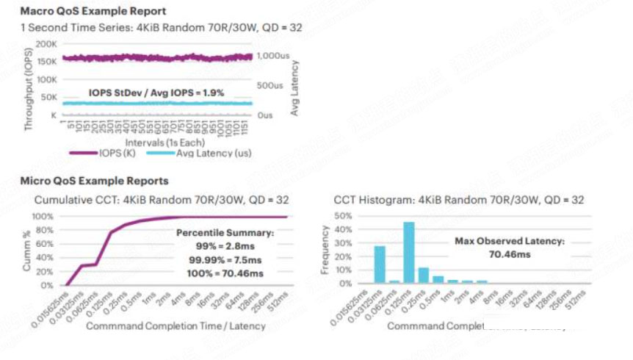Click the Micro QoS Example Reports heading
pos(95,181)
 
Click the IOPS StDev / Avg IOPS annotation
pos(156,93)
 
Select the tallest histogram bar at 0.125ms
pos(409,252)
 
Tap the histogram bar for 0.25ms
pos(424,275)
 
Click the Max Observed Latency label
pos(499,240)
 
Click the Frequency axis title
pos(326,250)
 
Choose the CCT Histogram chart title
pos(459,199)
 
